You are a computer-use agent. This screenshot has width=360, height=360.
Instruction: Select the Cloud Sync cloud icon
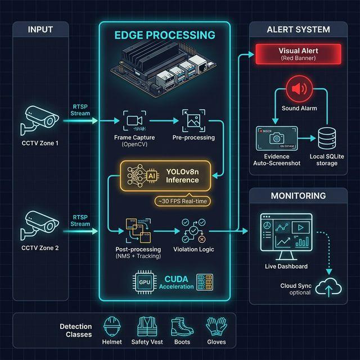point(328,288)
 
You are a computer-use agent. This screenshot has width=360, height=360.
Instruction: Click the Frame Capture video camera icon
point(134,120)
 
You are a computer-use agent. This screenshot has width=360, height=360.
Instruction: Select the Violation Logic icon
point(193,231)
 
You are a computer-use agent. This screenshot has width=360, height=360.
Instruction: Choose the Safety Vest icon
point(147,327)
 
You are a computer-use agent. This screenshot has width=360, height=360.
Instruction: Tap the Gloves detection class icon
point(215,327)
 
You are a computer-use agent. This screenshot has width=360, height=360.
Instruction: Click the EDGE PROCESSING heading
point(164,35)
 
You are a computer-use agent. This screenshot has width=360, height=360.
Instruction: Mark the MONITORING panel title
point(298,196)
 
